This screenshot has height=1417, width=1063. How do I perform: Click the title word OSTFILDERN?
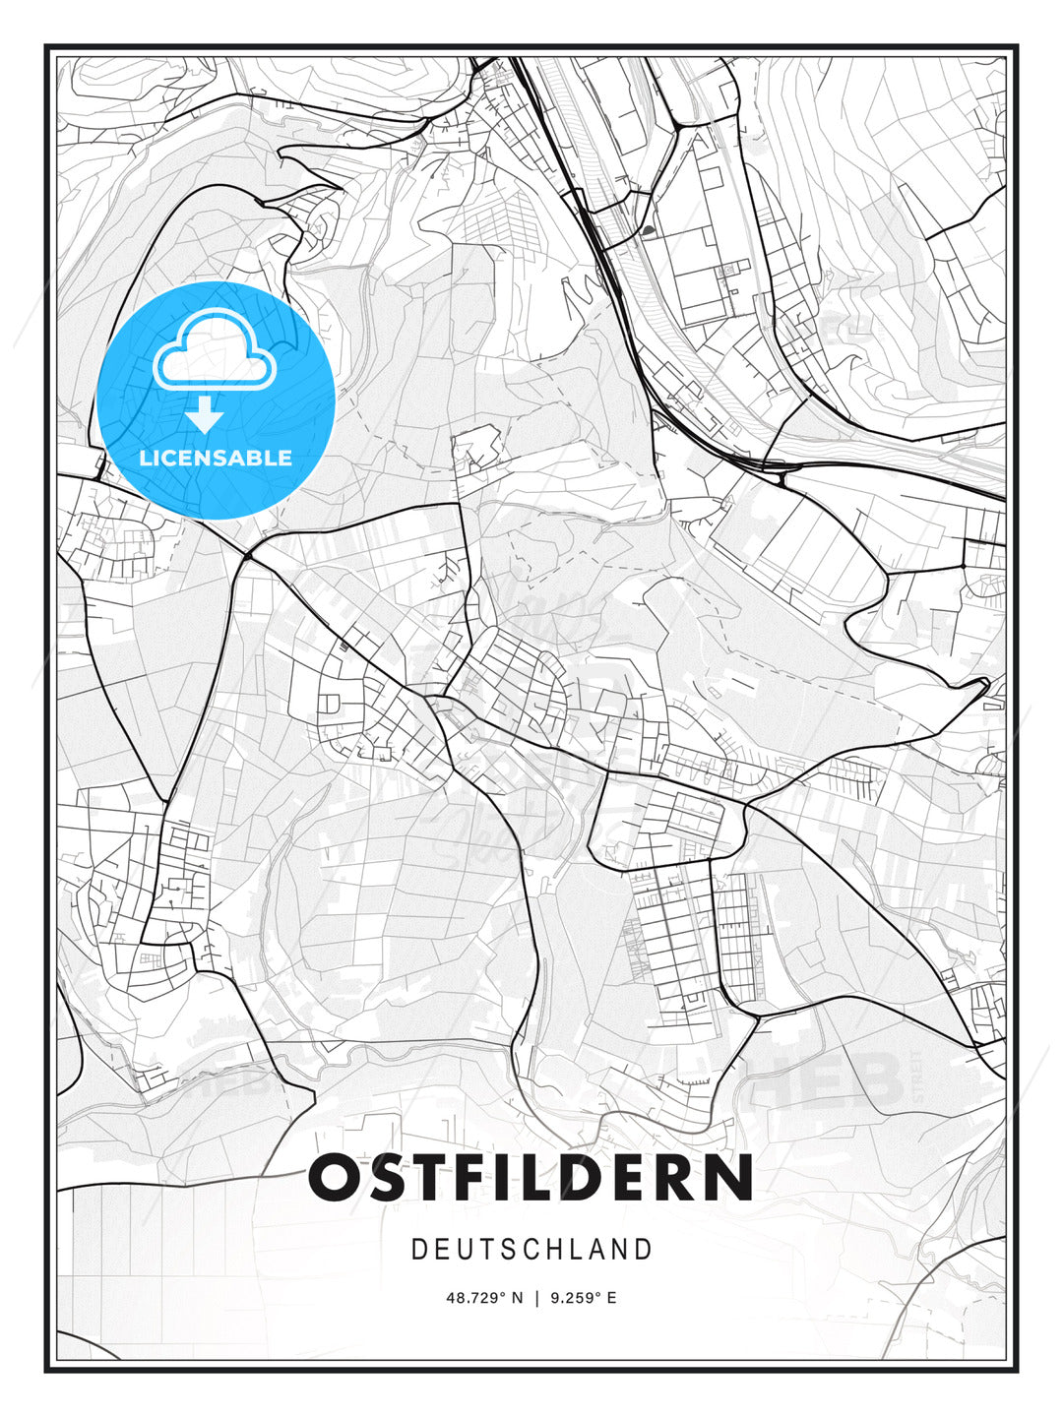pos(531,1178)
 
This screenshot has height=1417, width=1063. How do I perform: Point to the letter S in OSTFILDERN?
pos(383,1178)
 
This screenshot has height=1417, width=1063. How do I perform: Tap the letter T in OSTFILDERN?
pos(426,1178)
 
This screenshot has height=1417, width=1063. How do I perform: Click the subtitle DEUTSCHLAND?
pos(531,1250)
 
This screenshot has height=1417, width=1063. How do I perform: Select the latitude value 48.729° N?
pos(485,1298)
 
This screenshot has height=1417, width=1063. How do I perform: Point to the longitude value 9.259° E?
pos(583,1298)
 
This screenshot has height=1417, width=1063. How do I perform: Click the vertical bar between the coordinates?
pos(536,1298)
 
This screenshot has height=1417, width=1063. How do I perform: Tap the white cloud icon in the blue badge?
pos(214,351)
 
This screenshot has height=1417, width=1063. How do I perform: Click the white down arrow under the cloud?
pos(204,414)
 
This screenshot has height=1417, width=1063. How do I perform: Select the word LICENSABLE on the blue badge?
pos(216,458)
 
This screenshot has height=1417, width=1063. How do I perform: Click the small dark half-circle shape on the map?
pos(648,231)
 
